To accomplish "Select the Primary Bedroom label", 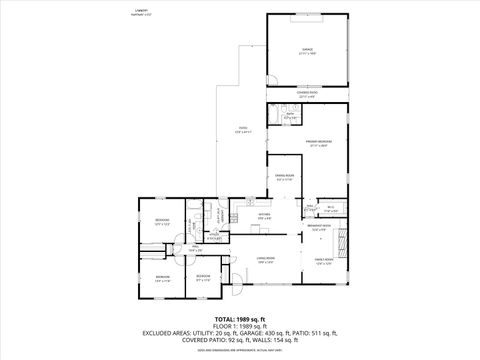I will (318, 143).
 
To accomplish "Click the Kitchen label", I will (265, 215).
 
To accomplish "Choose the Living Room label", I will (265, 260).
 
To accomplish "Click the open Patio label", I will (242, 129).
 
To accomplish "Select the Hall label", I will (196, 249).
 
